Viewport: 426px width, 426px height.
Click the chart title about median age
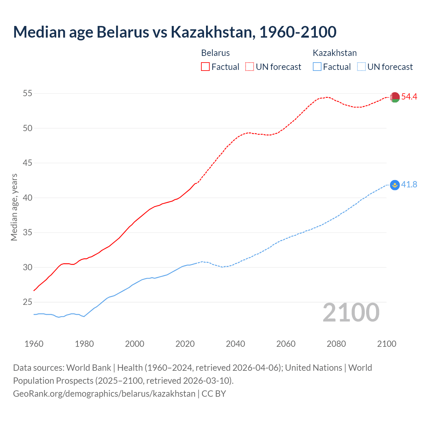point(175,32)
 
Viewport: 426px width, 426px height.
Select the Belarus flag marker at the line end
point(395,97)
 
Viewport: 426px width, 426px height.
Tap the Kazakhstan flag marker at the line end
point(395,185)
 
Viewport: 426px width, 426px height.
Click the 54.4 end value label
point(409,97)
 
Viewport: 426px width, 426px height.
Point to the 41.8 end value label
point(409,184)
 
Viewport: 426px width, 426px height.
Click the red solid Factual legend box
point(205,67)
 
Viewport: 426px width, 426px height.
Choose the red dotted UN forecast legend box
point(250,67)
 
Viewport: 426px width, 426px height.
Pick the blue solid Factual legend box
point(317,67)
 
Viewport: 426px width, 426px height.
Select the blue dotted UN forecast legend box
point(361,67)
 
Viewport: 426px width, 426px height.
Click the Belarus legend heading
point(215,53)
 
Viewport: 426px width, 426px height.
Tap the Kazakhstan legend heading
point(334,53)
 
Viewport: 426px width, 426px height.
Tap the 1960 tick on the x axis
point(34,344)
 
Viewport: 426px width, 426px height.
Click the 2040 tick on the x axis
point(235,344)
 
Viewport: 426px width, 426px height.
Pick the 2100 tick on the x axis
point(386,344)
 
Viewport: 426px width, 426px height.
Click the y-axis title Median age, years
point(14,207)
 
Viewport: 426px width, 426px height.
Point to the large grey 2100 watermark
point(351,313)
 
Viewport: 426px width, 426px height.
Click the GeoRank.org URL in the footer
point(104,393)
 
